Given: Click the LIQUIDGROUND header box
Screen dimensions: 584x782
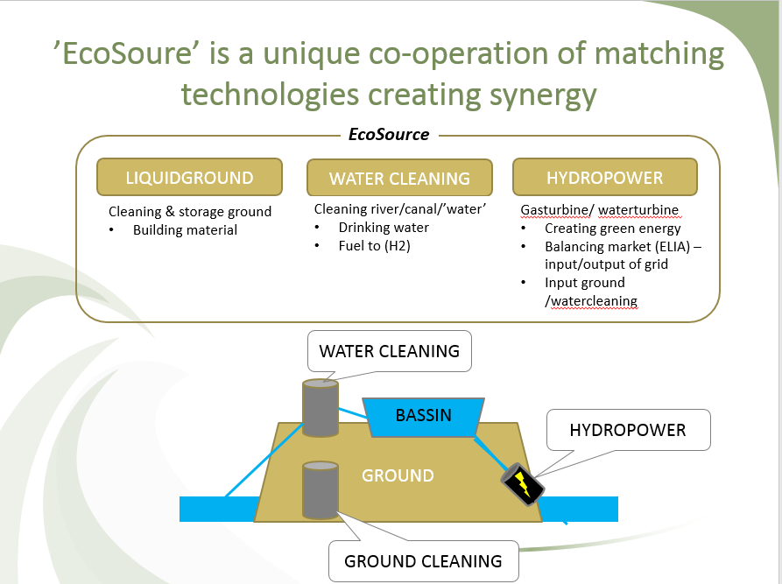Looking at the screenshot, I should click(189, 178).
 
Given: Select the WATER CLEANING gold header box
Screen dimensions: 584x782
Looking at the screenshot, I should click(399, 179).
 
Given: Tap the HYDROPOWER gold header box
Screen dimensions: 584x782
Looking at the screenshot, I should click(604, 178).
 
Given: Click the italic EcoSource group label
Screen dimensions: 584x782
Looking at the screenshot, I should click(389, 135).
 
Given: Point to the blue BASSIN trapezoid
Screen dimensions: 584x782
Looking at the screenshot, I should click(423, 415).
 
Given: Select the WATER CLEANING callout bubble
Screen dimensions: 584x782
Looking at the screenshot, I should click(390, 351).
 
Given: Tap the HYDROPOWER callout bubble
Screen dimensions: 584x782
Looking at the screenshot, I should click(627, 430).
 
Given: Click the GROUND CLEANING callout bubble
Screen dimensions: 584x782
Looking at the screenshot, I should click(423, 560).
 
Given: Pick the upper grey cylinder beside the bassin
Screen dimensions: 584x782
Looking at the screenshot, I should click(320, 408).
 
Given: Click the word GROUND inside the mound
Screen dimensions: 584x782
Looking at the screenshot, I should click(398, 475).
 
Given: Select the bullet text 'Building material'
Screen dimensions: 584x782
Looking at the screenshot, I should click(185, 229).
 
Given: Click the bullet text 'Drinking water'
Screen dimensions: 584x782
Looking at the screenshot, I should click(384, 228).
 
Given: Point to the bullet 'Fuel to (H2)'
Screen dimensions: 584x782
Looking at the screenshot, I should click(375, 246).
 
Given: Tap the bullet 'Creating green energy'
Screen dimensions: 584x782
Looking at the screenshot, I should click(612, 229).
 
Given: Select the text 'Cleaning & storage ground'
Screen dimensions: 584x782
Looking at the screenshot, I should click(190, 211).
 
